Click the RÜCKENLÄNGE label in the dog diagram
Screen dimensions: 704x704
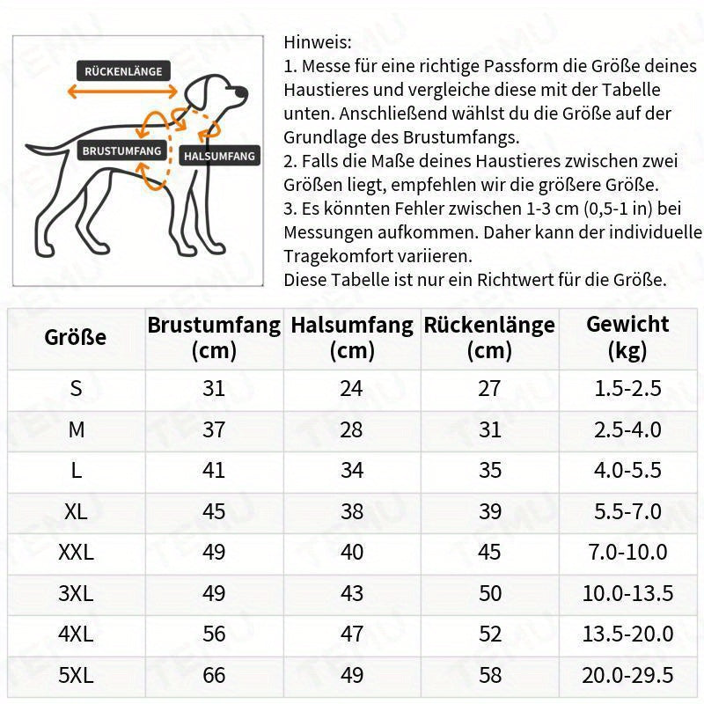point(123,71)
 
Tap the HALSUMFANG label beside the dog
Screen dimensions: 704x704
point(219,156)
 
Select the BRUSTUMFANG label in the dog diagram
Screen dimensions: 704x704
point(121,150)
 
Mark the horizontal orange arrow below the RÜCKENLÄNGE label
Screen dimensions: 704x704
point(121,92)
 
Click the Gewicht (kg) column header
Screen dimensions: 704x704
point(627,337)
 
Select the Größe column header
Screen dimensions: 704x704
point(76,337)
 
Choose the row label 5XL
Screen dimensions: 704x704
point(76,675)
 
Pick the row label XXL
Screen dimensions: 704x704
point(76,553)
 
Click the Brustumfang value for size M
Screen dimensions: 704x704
point(214,429)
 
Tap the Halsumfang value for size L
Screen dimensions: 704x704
point(352,471)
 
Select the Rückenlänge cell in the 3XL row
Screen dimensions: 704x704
point(489,593)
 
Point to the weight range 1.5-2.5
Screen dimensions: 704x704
point(627,388)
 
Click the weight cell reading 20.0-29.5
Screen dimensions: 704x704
point(627,675)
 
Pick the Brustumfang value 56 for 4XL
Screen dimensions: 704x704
point(214,634)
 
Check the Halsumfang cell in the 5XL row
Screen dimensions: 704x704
point(352,675)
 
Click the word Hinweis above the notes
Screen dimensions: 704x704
point(317,42)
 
